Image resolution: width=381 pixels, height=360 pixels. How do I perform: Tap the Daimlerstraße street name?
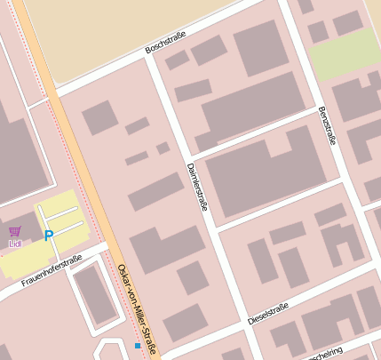coord(197,187)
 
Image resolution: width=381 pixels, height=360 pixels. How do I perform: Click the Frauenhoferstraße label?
coord(52,271)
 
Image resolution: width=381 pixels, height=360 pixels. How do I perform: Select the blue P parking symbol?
coord(49,236)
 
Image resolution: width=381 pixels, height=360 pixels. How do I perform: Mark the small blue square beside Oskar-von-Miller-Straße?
coord(137,345)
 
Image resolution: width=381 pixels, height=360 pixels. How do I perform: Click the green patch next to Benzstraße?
coord(345,55)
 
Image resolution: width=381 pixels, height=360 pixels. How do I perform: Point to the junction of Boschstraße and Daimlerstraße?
coord(150,62)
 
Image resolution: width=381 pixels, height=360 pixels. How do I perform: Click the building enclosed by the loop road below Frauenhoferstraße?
coord(93,293)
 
